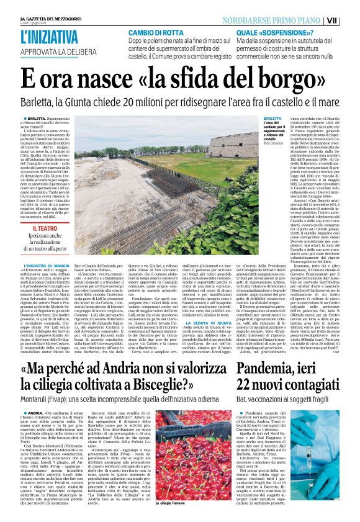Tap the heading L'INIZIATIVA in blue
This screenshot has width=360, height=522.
(49, 37)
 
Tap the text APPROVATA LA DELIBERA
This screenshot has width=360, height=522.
(49, 53)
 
